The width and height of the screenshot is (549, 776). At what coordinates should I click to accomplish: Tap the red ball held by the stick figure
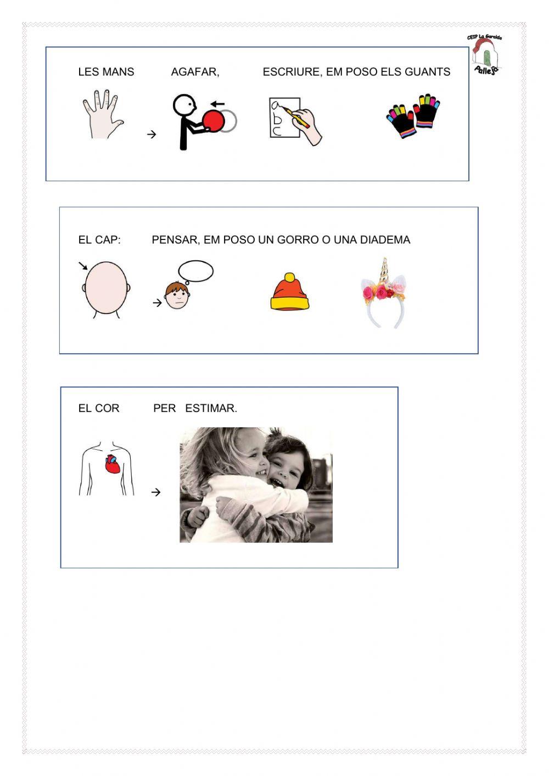coord(214,121)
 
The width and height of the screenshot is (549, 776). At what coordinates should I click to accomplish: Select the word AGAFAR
coord(195,72)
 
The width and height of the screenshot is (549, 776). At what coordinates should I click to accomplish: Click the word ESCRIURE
coord(292,72)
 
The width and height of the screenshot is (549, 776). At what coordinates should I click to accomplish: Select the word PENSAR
coord(175,240)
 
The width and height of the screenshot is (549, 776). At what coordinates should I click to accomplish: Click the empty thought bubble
coord(196,271)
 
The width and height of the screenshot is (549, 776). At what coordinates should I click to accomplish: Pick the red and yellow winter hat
coord(290,294)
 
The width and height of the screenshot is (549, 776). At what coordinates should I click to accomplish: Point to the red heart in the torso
coord(113,465)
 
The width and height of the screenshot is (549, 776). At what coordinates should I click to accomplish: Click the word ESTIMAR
coord(211,409)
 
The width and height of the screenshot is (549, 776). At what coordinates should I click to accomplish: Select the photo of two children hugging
coord(256,485)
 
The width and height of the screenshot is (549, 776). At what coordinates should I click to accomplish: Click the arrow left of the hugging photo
coord(156,492)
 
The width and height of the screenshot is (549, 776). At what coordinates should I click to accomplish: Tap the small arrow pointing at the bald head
coord(83,266)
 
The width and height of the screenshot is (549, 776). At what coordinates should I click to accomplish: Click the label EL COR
coord(99,409)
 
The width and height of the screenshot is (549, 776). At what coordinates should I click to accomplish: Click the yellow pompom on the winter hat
coord(289,277)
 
